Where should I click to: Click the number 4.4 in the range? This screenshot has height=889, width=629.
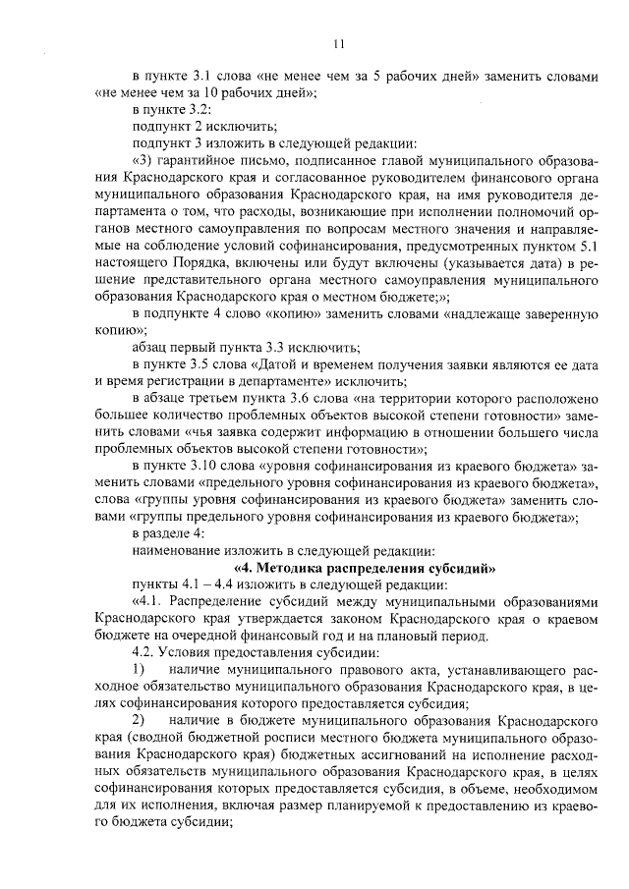pos(224,583)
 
